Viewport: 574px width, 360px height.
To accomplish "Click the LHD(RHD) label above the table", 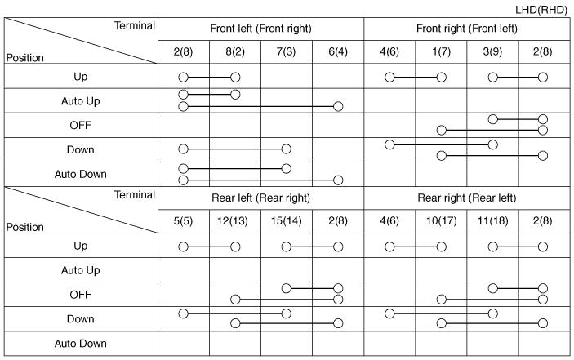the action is point(541,10).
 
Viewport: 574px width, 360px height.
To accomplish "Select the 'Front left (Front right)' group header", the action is point(260,29).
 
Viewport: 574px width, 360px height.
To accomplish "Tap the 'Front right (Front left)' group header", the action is point(467,29).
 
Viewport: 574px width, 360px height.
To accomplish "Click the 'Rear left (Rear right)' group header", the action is point(260,198).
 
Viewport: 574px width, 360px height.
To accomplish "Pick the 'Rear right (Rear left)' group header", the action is point(467,198).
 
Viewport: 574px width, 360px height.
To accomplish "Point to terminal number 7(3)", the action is point(286,51).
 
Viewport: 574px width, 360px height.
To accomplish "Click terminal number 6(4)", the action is point(338,51).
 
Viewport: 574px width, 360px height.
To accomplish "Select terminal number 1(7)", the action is point(441,51).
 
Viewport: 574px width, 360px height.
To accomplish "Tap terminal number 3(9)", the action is point(492,51).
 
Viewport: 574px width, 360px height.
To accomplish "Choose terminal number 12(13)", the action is point(233,221).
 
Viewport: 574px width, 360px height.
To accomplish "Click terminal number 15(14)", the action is point(287,221).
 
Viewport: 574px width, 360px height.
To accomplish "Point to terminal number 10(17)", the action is point(441,221).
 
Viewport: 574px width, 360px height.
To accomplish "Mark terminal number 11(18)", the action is point(492,221).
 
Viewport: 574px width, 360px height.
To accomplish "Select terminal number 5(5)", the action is point(183,221).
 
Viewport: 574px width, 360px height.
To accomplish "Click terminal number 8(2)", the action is point(235,51).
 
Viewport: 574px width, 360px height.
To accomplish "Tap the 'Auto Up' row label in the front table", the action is point(81,101).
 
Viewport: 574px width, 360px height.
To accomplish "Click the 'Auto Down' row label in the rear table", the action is point(81,344).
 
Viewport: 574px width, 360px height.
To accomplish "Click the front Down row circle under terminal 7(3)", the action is point(287,149).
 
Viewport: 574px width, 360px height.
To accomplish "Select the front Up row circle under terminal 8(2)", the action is point(235,78).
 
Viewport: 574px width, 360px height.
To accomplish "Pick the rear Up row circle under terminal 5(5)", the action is point(183,247).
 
